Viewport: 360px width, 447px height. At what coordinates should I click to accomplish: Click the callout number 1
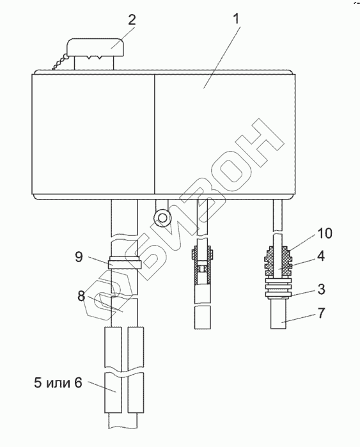(236, 20)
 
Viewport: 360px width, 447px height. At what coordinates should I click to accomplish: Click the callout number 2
(132, 20)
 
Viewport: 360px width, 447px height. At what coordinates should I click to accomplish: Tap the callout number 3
(321, 289)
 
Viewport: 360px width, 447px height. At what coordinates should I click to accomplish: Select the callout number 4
(320, 256)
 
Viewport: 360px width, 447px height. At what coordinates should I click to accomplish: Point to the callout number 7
(321, 313)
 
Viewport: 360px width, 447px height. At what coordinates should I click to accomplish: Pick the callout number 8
(81, 296)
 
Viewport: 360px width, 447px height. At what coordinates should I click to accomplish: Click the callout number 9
(79, 256)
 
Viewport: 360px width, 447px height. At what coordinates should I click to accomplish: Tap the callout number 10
(325, 233)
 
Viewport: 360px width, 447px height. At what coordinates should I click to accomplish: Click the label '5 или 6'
(58, 382)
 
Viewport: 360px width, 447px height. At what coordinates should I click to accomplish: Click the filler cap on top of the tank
(95, 47)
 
